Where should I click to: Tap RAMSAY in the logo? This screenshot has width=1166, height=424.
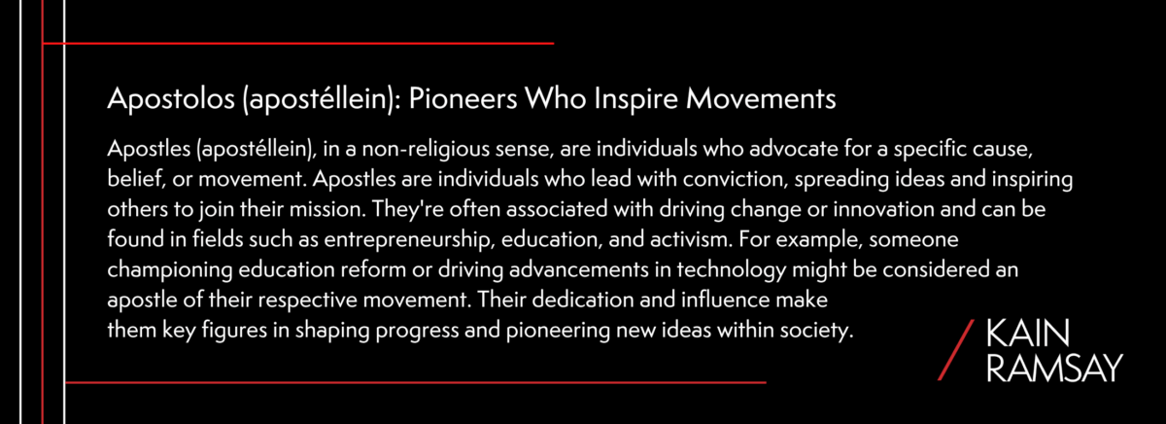tap(1053, 367)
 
